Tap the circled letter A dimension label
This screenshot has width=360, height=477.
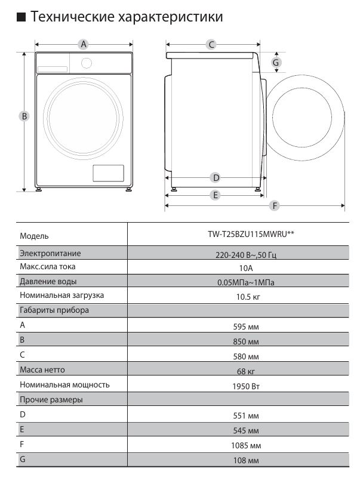point(84,44)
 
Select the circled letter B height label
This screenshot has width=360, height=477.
point(24,116)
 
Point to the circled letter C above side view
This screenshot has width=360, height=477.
point(211,44)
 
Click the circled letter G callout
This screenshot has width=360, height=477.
point(276,62)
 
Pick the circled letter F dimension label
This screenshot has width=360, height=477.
point(275,205)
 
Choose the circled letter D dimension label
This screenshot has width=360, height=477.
point(216,177)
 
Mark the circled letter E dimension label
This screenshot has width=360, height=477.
point(215,195)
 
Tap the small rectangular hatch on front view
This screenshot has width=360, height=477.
point(108,173)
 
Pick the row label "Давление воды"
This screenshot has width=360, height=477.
point(48,282)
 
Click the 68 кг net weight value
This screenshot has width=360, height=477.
point(246,371)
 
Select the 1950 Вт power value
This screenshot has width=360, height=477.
point(246,386)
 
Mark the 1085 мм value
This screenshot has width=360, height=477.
point(246,445)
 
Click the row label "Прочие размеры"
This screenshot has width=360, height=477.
point(51,399)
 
